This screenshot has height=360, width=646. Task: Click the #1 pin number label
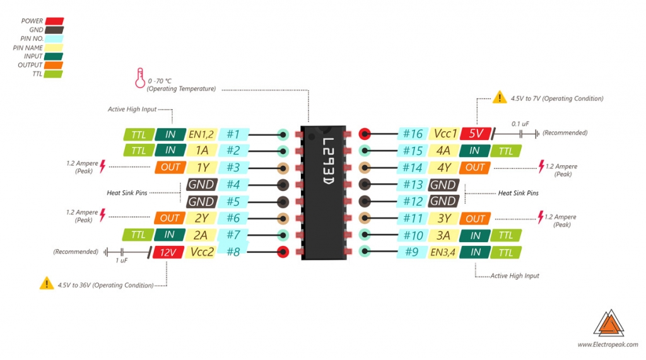(233, 134)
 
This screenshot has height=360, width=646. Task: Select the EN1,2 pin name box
(202, 134)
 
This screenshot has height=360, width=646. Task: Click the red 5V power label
(476, 134)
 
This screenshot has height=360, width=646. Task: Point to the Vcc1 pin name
(443, 134)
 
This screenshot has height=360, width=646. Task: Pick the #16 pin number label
(413, 134)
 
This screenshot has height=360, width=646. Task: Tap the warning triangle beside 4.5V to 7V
(500, 98)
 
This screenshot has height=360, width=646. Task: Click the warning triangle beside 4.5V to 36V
(47, 284)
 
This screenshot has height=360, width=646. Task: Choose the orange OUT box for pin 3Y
(475, 219)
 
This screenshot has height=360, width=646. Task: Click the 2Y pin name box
(202, 218)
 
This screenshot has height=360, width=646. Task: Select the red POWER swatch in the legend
(54, 21)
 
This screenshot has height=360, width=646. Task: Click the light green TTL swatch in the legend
(54, 74)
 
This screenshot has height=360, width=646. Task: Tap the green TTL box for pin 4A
(506, 151)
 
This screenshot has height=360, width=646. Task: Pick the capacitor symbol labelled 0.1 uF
(521, 133)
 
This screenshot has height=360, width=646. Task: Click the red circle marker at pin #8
(283, 252)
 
